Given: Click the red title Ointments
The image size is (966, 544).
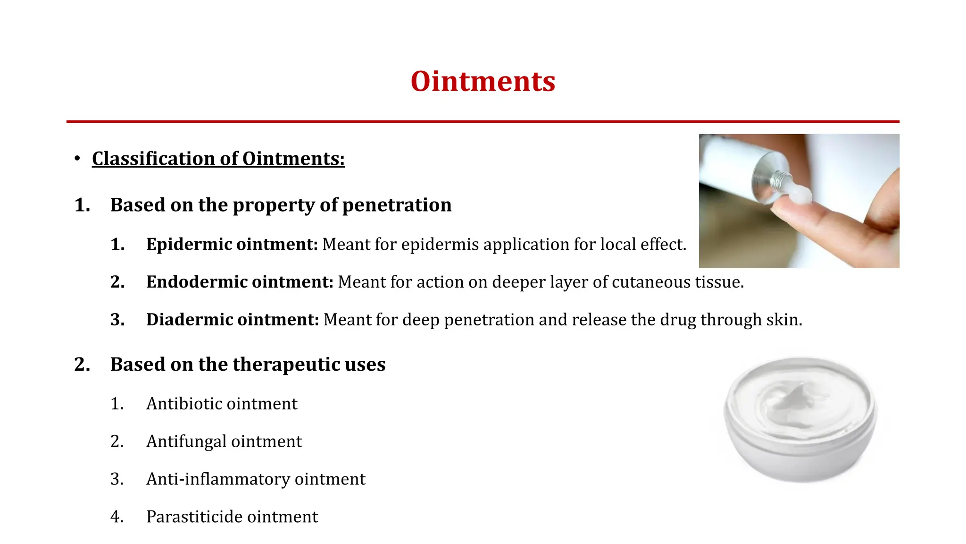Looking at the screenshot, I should coord(483,81).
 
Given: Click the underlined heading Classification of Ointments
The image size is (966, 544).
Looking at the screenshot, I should coord(218,159).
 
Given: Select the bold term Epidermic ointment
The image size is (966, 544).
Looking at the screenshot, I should coord(232,245).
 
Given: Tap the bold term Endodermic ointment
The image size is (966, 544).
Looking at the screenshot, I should coord(240,282).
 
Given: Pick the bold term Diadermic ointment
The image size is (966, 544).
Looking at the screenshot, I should coord(233,320).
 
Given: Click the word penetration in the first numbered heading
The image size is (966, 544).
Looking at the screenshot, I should coord(397,205).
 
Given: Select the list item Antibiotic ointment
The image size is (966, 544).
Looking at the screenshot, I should coord(222,404).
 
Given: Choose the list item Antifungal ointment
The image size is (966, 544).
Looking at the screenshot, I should coord(224,442).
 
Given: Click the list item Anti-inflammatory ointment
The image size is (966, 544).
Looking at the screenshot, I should coord(256,479).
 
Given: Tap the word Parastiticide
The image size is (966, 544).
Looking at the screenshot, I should coord(194,517).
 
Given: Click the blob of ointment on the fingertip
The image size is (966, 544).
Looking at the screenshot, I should coord(799,194).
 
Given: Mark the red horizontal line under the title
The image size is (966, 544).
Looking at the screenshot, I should coord(483,121).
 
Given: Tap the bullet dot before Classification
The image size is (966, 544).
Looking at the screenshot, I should coord(77,159).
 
